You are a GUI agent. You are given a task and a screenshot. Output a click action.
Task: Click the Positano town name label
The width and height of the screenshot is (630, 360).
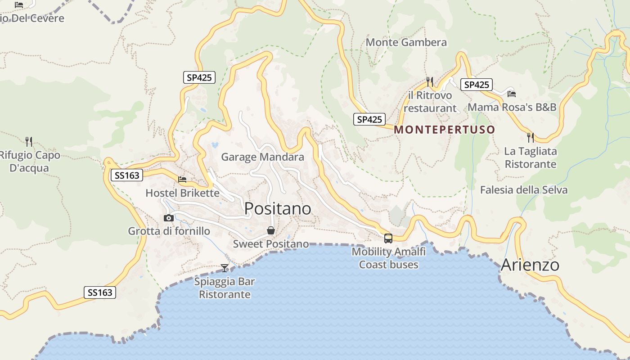coord(277,208)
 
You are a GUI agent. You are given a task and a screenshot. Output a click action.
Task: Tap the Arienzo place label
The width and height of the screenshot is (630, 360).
coord(530,265)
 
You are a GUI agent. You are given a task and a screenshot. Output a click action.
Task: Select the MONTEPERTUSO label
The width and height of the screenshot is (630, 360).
coord(444,130)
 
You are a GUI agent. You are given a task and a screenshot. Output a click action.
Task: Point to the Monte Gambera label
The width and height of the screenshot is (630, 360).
coord(406,42)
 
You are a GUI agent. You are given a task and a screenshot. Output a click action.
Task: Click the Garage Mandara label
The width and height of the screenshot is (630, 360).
coord(262,157)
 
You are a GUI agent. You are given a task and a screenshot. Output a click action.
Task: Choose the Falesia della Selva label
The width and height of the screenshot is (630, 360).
coord(523,190)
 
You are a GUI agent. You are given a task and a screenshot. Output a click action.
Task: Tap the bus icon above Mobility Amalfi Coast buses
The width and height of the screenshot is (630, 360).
coord(388,238)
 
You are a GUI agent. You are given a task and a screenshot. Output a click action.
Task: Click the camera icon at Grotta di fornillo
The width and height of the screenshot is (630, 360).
coord(169,218)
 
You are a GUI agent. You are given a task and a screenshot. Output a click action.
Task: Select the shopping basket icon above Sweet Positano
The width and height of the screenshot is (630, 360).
coord(271,230)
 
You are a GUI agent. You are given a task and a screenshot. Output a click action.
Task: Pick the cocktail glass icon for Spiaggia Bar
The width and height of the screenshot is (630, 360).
coord(225,268)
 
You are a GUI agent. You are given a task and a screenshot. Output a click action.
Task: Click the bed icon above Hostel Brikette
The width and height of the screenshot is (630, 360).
coord(182,180)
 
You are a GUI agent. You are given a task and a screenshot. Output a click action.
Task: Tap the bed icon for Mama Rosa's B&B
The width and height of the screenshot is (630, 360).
coord(511,94)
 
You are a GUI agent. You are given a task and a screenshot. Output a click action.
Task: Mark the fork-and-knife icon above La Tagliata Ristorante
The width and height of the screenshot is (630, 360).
coord(531,137)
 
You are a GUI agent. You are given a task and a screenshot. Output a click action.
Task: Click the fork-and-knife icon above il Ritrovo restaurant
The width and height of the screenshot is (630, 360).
coord(430,81)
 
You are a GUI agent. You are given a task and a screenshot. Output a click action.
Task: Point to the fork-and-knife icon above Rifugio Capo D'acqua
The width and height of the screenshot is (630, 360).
coord(29,141)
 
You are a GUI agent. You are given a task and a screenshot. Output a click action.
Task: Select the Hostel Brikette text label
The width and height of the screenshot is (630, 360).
coord(182,193)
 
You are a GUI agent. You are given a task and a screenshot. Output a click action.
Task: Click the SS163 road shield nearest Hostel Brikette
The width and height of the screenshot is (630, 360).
coord(127,175)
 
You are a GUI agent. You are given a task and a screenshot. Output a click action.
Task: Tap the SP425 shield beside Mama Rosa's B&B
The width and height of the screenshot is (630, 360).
coord(476,85)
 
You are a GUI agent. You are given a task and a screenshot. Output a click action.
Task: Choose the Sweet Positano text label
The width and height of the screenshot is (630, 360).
coord(271,244)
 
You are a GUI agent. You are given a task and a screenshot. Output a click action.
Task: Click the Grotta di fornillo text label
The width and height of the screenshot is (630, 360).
coord(169,231)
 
